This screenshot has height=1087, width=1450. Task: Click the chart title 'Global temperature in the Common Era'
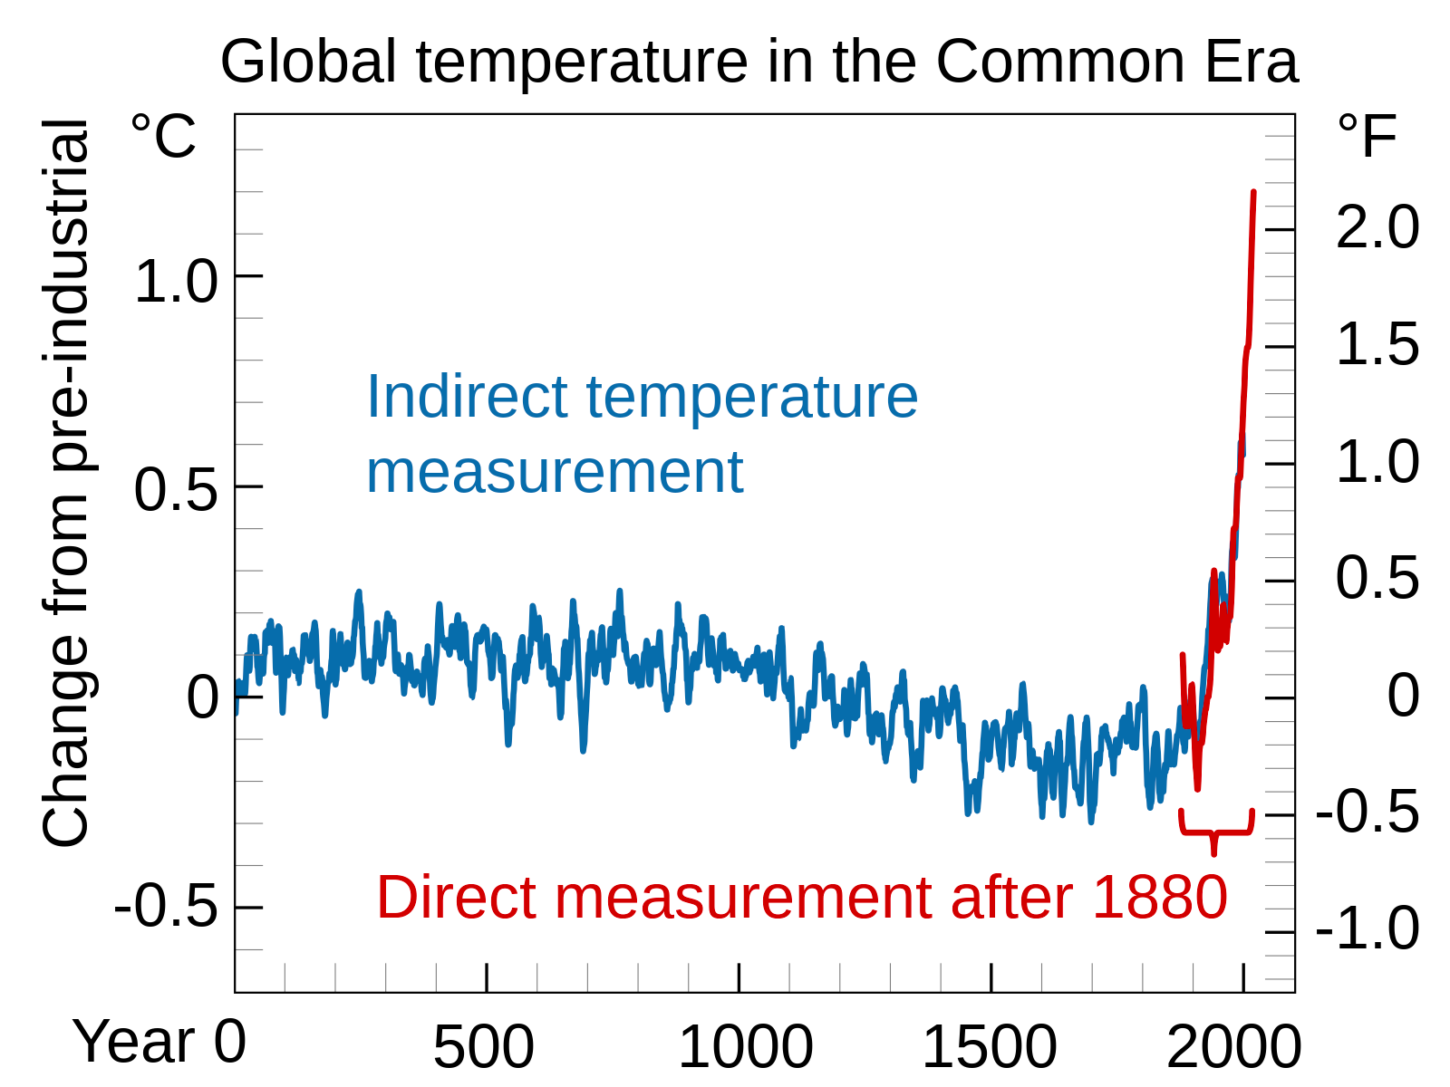click(x=759, y=62)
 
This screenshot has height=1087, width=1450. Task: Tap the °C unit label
click(x=163, y=136)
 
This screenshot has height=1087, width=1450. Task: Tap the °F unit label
click(x=1368, y=136)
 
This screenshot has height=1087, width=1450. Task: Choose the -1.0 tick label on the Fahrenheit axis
click(x=1367, y=928)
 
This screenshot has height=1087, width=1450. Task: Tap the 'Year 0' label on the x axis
click(x=159, y=1042)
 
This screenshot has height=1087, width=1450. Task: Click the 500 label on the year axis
click(x=483, y=1047)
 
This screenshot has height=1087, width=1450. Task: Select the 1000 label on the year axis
click(x=745, y=1047)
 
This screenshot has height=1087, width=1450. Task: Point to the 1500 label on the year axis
click(x=989, y=1047)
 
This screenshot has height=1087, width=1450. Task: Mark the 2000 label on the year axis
click(x=1233, y=1047)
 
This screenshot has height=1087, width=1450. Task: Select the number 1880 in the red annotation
click(x=1159, y=898)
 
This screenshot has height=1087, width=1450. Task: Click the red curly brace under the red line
click(x=1215, y=831)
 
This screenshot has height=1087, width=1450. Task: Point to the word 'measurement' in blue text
click(x=554, y=472)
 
